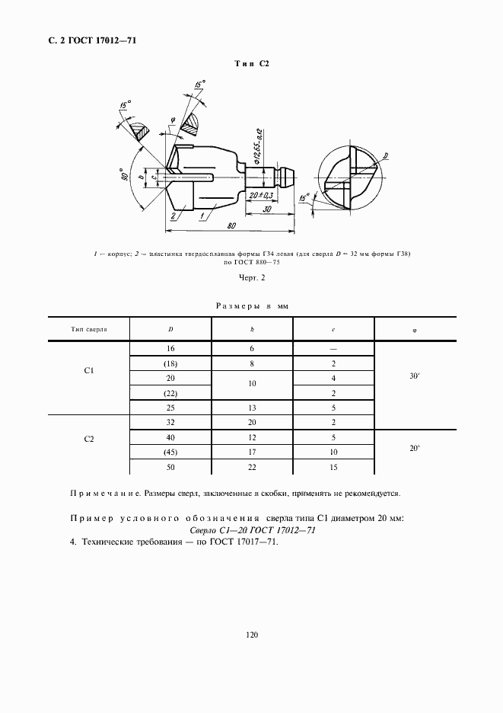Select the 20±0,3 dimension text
pyautogui.click(x=260, y=195)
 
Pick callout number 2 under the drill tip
pyautogui.click(x=174, y=216)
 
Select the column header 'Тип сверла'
pyautogui.click(x=89, y=329)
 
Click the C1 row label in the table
pyautogui.click(x=89, y=372)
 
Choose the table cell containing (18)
pyautogui.click(x=170, y=364)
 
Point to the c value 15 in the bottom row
pyautogui.click(x=334, y=468)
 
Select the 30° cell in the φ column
pyautogui.click(x=415, y=376)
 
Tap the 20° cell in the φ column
pyautogui.click(x=415, y=449)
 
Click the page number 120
pyautogui.click(x=251, y=634)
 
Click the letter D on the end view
pyautogui.click(x=386, y=156)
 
